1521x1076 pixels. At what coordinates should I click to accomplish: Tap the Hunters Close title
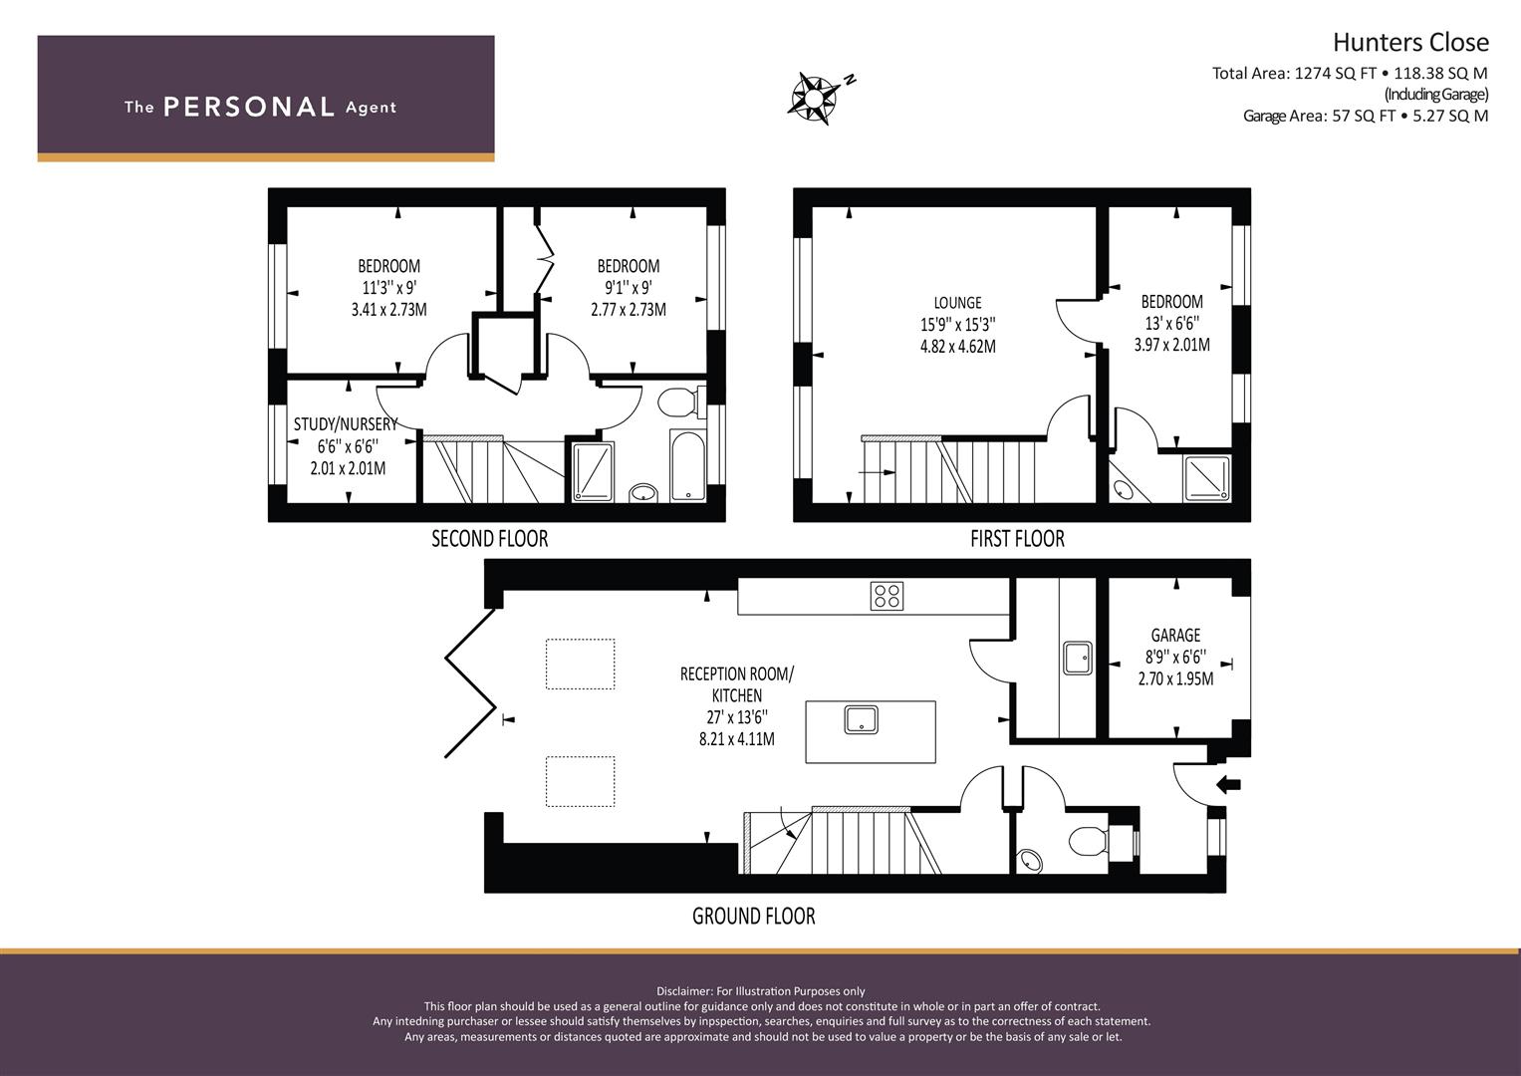point(1411,42)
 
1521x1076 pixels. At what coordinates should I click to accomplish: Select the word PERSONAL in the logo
point(249,107)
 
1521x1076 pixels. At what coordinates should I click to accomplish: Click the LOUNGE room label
point(957,303)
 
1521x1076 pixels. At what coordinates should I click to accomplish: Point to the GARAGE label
point(1175,636)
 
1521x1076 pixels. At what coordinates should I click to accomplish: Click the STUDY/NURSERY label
point(346,424)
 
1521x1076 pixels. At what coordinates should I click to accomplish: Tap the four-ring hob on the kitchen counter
point(887,596)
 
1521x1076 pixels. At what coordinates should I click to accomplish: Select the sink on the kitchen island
point(861,720)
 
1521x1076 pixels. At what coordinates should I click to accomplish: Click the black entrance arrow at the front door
point(1228,785)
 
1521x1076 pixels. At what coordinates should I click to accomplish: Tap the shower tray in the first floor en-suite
point(1207,478)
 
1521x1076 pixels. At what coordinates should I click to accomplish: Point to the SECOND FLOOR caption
point(490,539)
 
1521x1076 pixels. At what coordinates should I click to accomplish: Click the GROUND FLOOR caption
point(754,917)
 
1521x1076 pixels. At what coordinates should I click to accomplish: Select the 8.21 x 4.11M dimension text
point(737,739)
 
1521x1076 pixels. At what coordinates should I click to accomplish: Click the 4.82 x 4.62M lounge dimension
point(958,347)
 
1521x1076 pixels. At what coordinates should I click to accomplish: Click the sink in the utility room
point(1078,659)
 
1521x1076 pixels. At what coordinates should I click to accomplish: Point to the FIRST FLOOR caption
point(1017,539)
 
